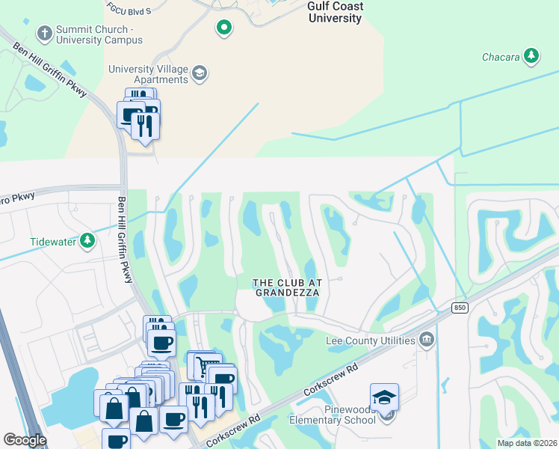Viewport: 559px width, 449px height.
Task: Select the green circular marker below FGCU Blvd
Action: pos(223,28)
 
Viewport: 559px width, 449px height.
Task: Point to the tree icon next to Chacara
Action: pos(531,55)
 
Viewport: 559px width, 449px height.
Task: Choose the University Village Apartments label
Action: pos(148,74)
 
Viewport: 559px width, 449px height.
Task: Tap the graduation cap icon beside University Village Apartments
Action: pos(200,73)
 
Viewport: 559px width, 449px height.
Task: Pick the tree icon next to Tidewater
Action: pos(88,241)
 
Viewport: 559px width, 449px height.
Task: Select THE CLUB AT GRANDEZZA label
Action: pos(287,287)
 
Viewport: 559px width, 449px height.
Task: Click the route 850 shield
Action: pos(460,308)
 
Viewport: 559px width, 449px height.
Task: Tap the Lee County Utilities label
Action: pos(371,340)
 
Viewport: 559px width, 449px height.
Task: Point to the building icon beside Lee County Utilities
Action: pos(426,340)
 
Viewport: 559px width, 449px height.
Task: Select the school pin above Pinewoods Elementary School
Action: pos(384,397)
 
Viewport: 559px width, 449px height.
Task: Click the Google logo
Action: pos(25,440)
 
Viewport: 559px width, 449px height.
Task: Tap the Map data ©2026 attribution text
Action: pos(527,443)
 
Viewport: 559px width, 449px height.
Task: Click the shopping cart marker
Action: pos(201,365)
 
